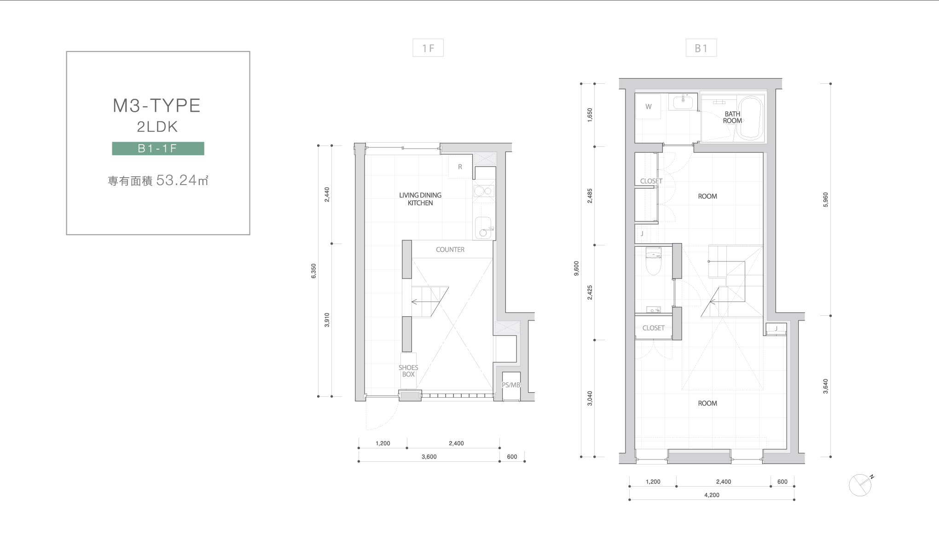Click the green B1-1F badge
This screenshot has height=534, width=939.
pos(158,148)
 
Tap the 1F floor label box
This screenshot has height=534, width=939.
pos(428,48)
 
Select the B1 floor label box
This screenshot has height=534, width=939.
pos(701,48)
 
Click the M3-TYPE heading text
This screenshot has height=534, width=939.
pos(157,105)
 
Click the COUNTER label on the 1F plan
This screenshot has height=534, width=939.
pos(450,250)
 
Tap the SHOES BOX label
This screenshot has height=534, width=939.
pos(408,371)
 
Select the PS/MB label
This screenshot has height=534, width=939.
pos(511,385)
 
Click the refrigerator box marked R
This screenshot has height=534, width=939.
pos(460,167)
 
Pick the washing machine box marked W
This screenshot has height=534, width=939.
pos(649,107)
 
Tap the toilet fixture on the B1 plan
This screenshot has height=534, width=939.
pos(653,261)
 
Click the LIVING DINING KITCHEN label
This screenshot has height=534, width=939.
pos(420,199)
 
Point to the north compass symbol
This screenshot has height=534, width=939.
pos(860,485)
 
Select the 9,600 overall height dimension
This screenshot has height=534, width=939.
pos(576,268)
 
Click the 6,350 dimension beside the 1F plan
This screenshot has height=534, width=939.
pos(314,271)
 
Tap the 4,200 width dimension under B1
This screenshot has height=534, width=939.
pos(712,495)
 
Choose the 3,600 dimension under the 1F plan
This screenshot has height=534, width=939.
pos(429,457)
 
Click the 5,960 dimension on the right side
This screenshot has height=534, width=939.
pos(825,200)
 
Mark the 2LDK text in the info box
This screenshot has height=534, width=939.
pos(157,127)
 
